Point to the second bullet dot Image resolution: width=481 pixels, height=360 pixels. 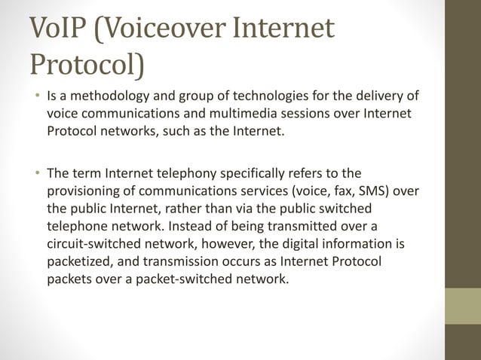tap(35, 172)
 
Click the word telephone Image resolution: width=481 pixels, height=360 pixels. tap(77, 224)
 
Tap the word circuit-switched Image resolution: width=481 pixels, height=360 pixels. tap(93, 242)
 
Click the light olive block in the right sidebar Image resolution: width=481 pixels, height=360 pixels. tap(462, 306)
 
